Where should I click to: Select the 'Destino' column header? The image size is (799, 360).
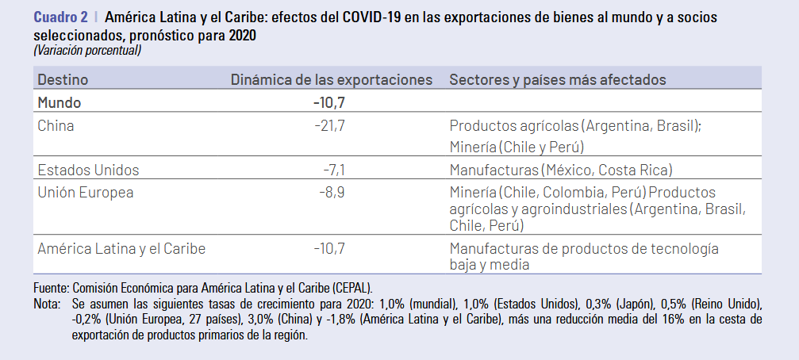click(63, 79)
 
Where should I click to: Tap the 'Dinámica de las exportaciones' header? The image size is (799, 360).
click(331, 79)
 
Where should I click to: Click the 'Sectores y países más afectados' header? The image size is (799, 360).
click(557, 79)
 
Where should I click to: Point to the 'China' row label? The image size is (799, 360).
click(56, 124)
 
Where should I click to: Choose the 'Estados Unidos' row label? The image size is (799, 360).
click(88, 170)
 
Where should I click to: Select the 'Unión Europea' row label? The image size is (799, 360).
click(86, 192)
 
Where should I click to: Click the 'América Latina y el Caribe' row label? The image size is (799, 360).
click(121, 248)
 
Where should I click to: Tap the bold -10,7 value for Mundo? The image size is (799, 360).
click(329, 102)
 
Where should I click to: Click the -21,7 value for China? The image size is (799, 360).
click(330, 124)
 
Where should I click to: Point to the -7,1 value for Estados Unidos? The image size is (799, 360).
click(334, 170)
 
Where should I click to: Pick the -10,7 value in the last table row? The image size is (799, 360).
click(330, 248)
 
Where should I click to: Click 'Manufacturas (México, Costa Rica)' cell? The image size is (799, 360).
click(561, 170)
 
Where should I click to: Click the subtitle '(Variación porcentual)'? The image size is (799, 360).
click(87, 50)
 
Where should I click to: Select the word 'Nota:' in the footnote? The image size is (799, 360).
click(48, 304)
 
